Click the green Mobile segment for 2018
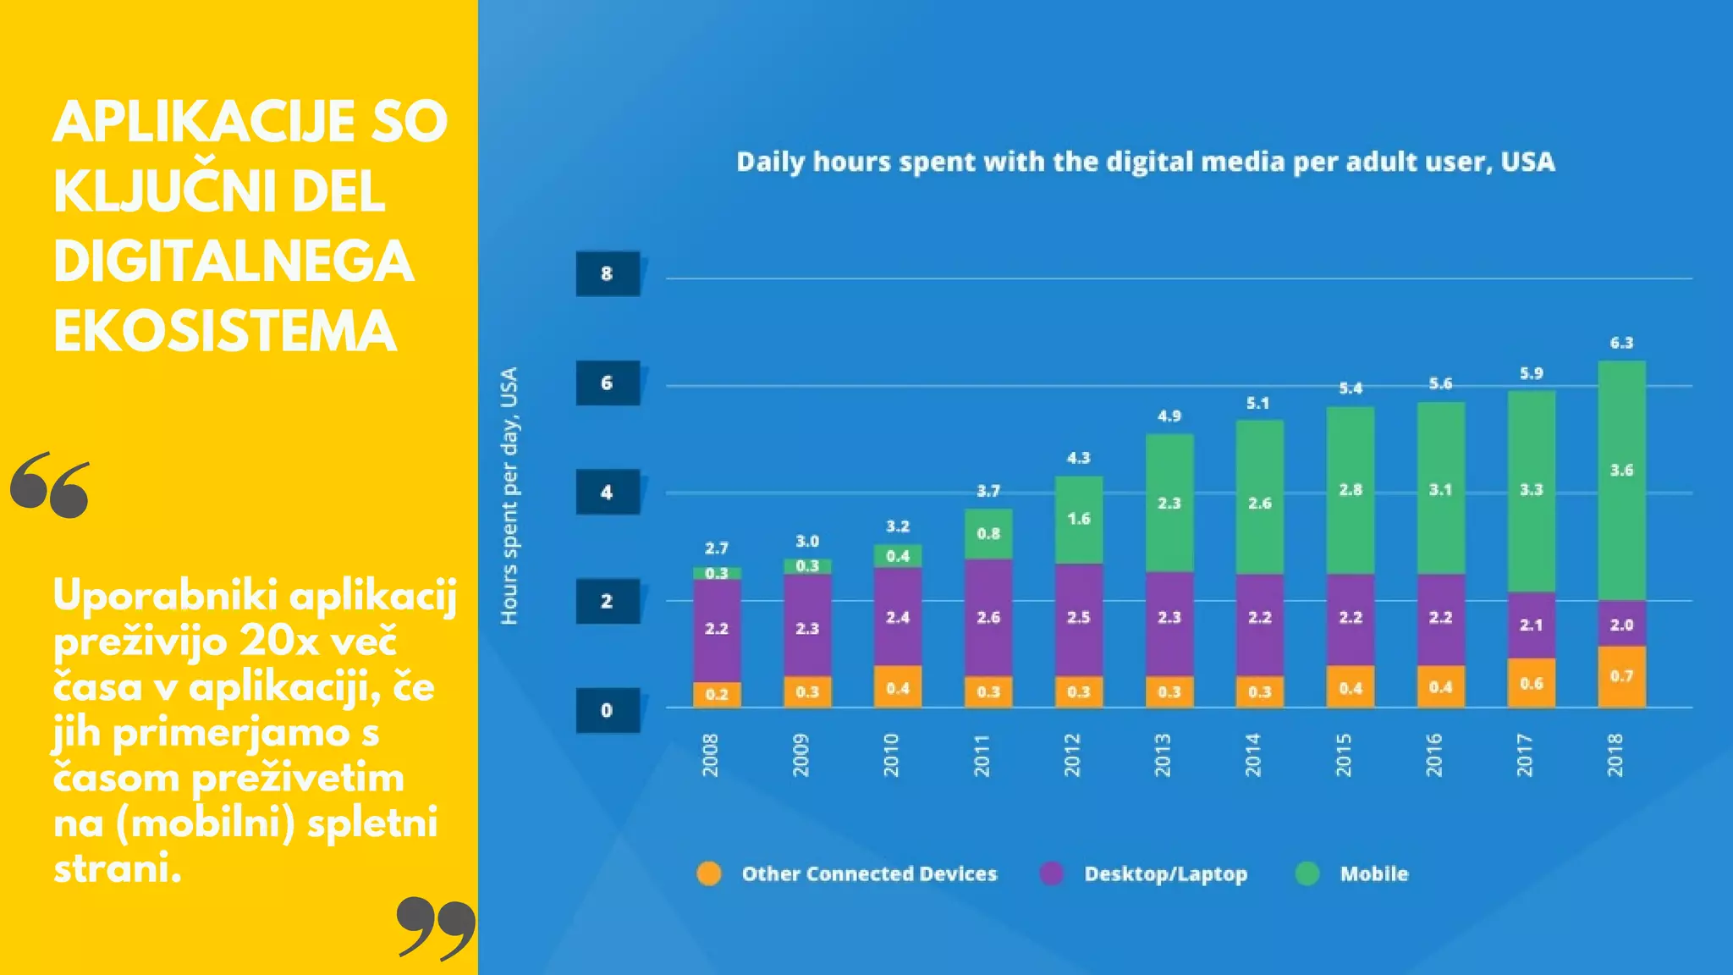coord(1621,481)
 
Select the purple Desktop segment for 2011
coord(988,617)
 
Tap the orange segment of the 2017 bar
coord(1531,682)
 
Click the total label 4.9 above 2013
coord(1169,416)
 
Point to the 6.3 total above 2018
coord(1621,343)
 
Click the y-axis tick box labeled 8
coord(608,273)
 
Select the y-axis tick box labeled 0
coord(608,710)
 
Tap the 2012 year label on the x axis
coord(1071,755)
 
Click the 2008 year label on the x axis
coord(710,755)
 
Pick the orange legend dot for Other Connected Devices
coord(709,873)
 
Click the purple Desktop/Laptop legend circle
coord(1051,873)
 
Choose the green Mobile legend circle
coord(1307,873)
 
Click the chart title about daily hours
coord(1145,162)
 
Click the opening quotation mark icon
coord(50,485)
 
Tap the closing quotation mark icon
coord(436,928)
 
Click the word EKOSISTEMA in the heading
coord(225,331)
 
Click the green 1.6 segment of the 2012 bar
coord(1078,519)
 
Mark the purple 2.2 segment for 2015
coord(1350,618)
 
